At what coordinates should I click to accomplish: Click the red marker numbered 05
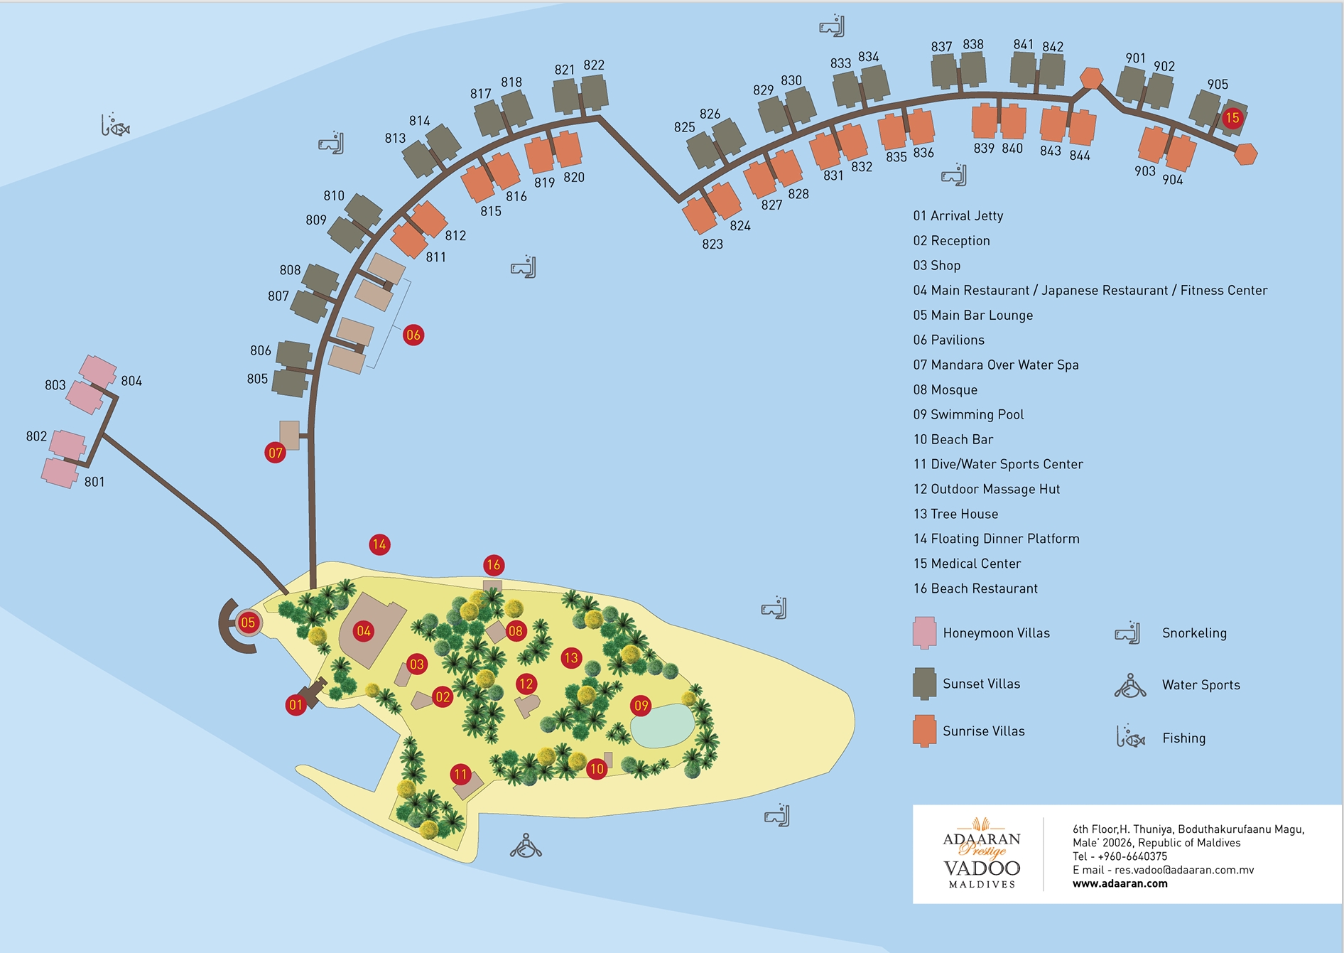click(x=248, y=623)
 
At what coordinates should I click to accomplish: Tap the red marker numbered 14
click(x=379, y=544)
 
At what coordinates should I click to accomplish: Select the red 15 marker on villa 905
click(x=1232, y=118)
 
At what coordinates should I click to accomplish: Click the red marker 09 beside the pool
click(x=641, y=706)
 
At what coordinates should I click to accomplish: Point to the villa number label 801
click(x=94, y=482)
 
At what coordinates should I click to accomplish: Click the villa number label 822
click(x=594, y=65)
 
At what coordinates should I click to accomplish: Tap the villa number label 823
click(x=712, y=244)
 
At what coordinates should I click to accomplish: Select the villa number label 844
click(x=1080, y=156)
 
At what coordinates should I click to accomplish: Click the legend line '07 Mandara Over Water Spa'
click(x=996, y=365)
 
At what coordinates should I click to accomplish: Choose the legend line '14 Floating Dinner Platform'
click(x=996, y=539)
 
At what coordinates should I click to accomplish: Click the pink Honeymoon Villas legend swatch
click(x=924, y=632)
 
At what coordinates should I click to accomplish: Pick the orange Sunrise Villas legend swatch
click(x=924, y=731)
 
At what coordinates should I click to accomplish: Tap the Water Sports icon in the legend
click(x=1129, y=686)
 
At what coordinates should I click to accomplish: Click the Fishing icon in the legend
click(x=1129, y=737)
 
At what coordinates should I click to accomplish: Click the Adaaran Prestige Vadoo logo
click(x=982, y=853)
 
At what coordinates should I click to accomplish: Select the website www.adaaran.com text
click(x=1120, y=883)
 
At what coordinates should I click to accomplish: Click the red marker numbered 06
click(x=413, y=335)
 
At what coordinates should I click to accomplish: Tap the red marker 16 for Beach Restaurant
click(x=493, y=565)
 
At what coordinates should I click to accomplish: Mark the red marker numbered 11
click(x=460, y=774)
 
